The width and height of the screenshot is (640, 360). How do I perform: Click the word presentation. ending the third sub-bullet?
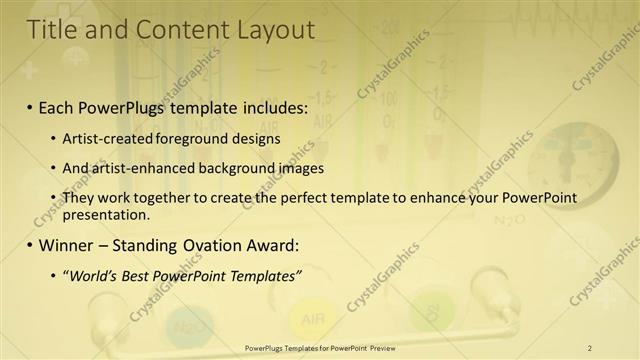point(105,214)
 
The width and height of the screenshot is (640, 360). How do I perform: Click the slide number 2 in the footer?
point(589,348)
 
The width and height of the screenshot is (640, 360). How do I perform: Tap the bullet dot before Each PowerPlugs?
point(30,105)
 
